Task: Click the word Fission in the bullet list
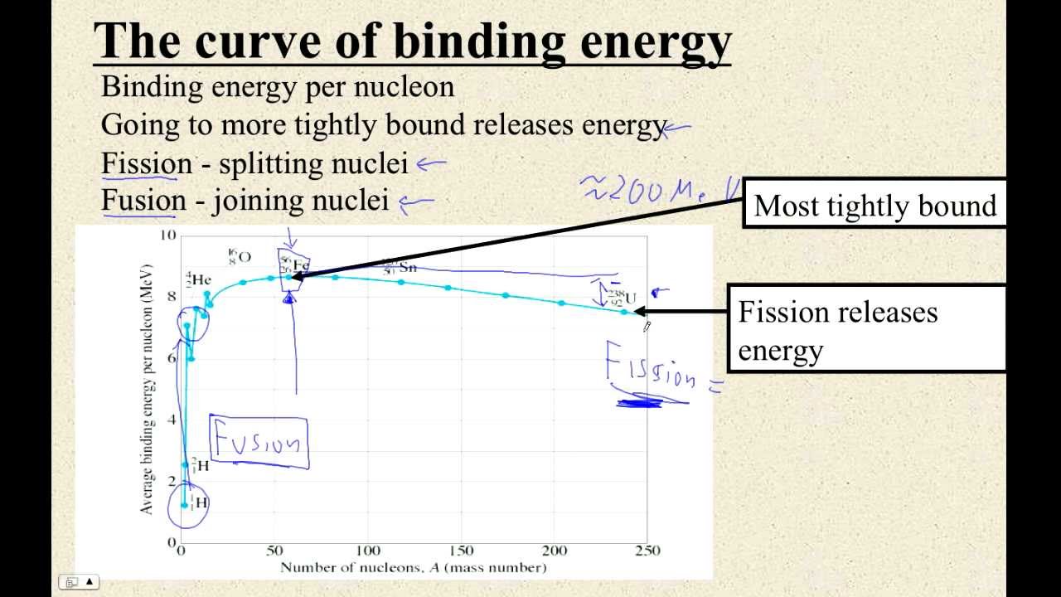click(146, 163)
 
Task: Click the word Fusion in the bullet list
click(143, 200)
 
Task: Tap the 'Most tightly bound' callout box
click(874, 205)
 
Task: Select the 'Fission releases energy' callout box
click(866, 330)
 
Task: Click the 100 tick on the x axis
click(368, 551)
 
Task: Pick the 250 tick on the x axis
click(647, 551)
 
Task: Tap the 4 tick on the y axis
click(172, 420)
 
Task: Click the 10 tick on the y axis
click(168, 235)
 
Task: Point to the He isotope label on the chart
click(198, 279)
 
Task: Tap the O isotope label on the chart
click(240, 255)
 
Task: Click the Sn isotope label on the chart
click(400, 266)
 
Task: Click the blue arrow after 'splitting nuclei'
click(431, 164)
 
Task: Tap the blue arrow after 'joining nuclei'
click(416, 201)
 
